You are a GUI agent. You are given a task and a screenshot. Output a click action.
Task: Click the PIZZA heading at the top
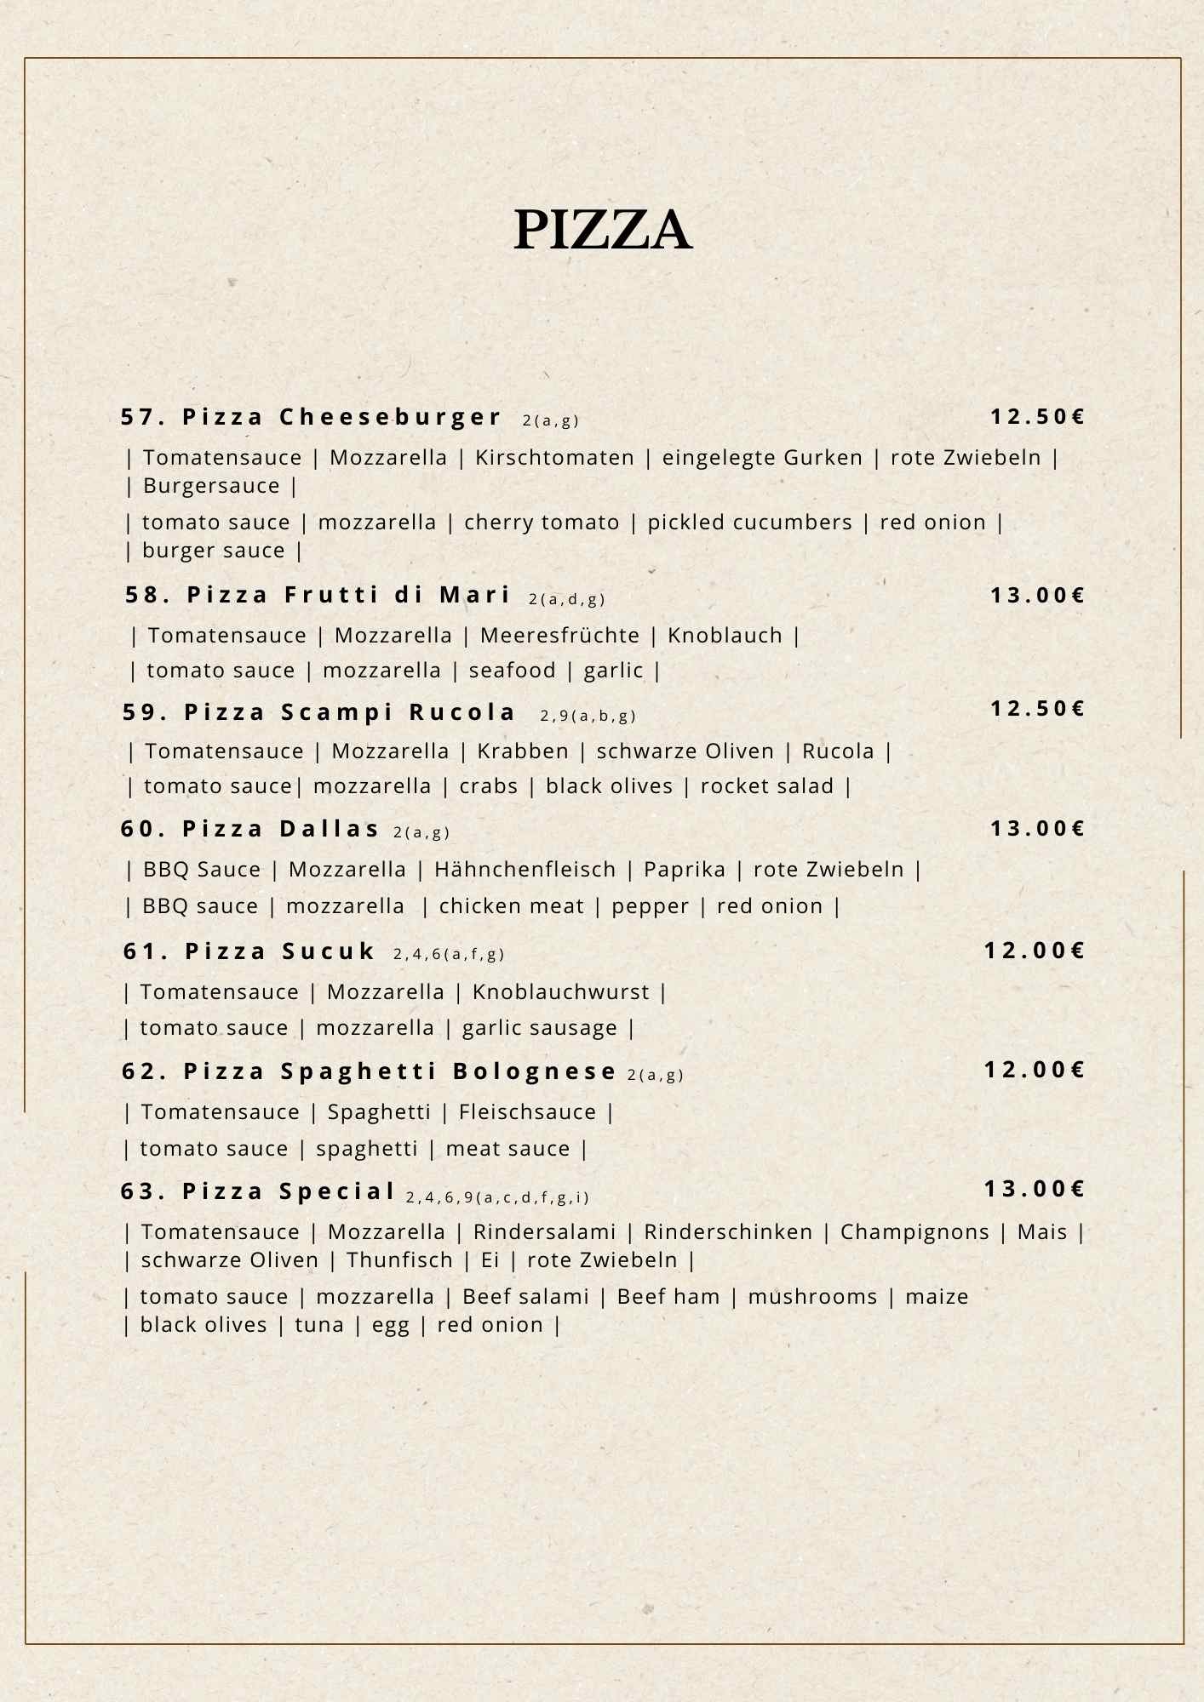point(602,230)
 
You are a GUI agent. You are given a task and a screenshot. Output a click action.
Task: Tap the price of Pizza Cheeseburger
point(1037,417)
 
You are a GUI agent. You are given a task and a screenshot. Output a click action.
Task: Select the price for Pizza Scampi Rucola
point(1037,709)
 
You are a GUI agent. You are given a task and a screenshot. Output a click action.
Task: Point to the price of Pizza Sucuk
point(1035,951)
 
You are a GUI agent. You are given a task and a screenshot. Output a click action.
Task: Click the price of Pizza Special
point(1035,1189)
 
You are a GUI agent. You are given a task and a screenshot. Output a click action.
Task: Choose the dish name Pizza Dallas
point(250,829)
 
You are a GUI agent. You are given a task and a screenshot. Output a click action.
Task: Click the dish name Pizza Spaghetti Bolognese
point(370,1071)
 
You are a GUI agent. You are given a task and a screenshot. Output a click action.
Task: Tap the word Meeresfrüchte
point(559,636)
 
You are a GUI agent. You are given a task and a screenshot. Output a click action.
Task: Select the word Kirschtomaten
point(554,458)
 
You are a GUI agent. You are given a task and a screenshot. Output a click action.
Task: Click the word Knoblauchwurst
point(560,992)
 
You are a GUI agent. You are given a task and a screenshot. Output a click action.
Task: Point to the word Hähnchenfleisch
point(525,870)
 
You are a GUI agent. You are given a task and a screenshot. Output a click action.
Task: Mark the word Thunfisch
point(399,1260)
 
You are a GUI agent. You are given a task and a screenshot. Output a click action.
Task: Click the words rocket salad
point(766,786)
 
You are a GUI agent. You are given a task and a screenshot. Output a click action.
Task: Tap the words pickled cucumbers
point(749,523)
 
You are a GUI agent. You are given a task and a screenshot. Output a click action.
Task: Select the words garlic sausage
point(539,1028)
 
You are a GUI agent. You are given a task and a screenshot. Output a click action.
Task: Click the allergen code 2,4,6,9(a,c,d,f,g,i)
point(497,1197)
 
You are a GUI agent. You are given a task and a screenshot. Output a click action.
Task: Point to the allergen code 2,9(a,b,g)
point(588,716)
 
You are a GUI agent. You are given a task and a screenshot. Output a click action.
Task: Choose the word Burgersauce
point(211,486)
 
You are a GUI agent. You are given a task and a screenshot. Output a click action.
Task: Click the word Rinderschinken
point(728,1232)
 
